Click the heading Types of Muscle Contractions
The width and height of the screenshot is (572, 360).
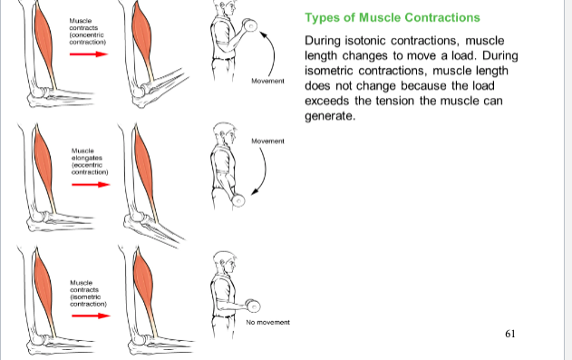click(393, 17)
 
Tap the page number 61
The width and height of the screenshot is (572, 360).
click(510, 334)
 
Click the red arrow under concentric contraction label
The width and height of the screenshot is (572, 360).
click(89, 54)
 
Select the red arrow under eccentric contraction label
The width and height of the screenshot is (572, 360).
click(91, 185)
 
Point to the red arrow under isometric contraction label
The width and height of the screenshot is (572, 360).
click(91, 316)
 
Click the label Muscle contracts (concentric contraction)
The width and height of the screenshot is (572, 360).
click(88, 32)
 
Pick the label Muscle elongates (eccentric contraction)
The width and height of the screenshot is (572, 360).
click(90, 161)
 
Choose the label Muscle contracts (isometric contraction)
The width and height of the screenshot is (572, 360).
click(88, 293)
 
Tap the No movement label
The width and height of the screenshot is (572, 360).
click(267, 323)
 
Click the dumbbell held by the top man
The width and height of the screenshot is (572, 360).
click(250, 25)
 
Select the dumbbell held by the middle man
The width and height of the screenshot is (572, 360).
click(238, 199)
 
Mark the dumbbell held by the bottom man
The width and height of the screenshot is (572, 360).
click(253, 306)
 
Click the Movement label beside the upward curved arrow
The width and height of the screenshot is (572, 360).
click(267, 81)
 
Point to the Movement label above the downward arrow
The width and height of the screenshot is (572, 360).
click(267, 141)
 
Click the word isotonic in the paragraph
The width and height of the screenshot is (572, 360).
click(365, 41)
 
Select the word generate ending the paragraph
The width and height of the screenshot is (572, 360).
click(329, 116)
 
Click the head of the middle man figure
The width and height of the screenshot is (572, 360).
click(224, 133)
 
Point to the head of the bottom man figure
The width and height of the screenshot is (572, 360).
click(224, 262)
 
